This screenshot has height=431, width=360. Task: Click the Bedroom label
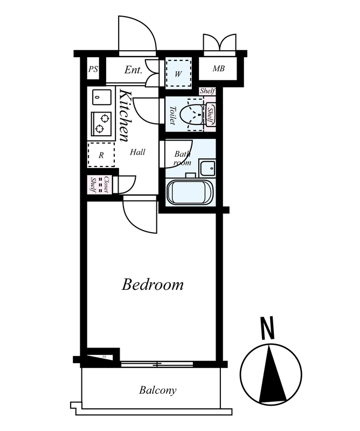(x=153, y=284)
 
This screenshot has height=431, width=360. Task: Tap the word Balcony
(x=157, y=390)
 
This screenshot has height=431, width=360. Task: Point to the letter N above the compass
(x=268, y=328)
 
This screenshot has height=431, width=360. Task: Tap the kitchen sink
(x=102, y=97)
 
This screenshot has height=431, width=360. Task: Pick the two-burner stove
(x=101, y=124)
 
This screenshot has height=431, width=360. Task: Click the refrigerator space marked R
(x=101, y=155)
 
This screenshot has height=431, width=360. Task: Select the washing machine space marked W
(x=178, y=74)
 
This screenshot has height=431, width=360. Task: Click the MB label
(x=218, y=68)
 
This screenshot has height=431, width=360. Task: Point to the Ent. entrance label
(x=133, y=70)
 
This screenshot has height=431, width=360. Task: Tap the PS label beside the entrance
(x=93, y=69)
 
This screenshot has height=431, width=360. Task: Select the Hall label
(x=137, y=152)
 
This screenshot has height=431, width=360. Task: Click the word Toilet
(x=173, y=115)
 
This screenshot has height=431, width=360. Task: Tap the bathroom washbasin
(x=207, y=167)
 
